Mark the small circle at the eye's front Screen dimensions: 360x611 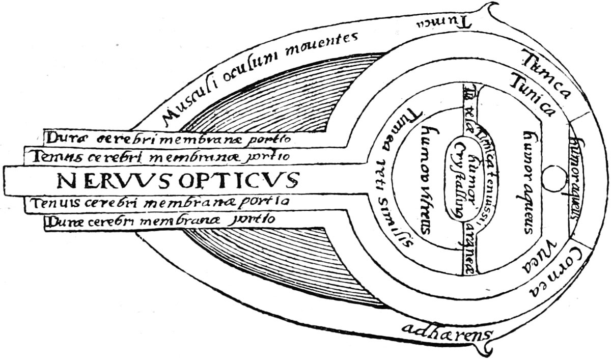pyautogui.click(x=550, y=180)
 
